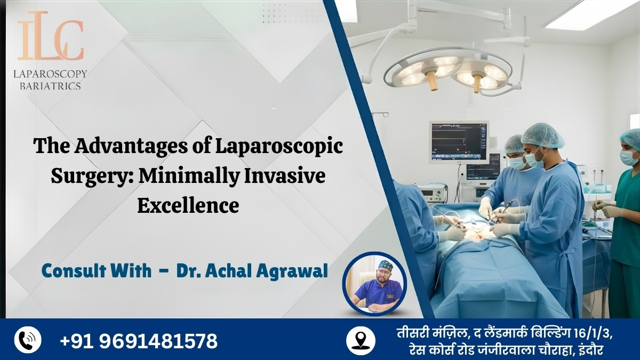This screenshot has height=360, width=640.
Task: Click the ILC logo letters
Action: coord(51,40)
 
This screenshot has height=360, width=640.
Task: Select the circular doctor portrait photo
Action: coord(374,284)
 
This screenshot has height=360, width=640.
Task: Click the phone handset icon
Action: coord(27,340)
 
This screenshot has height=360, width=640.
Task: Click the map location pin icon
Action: coord(358,340)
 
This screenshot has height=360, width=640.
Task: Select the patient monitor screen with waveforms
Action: coord(459,141)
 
